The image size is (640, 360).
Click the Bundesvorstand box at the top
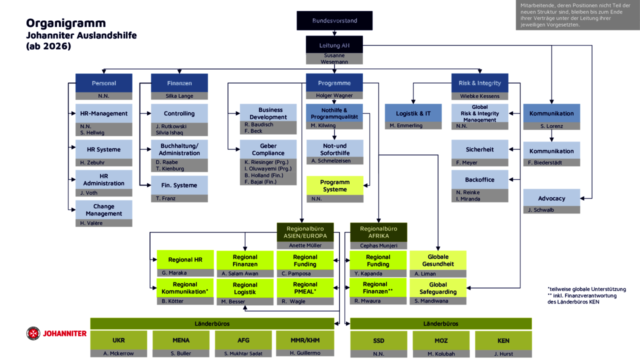(x=334, y=20)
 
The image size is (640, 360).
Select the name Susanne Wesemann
(x=334, y=58)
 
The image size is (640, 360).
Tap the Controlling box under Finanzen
(x=179, y=113)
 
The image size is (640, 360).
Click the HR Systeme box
(x=103, y=149)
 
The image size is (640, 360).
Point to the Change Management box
(x=103, y=210)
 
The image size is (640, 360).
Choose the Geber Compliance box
(x=268, y=149)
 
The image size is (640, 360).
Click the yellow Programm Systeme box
(x=334, y=185)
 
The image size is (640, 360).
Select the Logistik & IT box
(x=413, y=113)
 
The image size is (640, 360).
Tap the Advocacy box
(x=551, y=198)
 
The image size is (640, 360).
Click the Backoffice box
(x=479, y=179)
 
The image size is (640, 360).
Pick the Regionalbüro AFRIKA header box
(x=378, y=232)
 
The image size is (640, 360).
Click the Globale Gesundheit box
(x=438, y=260)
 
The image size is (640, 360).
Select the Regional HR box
(x=185, y=259)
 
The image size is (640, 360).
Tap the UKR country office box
(x=118, y=340)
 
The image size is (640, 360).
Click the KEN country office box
(x=503, y=340)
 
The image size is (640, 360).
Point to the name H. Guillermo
(x=305, y=353)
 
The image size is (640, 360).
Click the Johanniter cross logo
(x=33, y=333)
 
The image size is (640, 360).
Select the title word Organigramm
(x=66, y=23)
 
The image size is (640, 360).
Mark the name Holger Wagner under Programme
(x=334, y=95)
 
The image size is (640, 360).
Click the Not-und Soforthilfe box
(x=334, y=149)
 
